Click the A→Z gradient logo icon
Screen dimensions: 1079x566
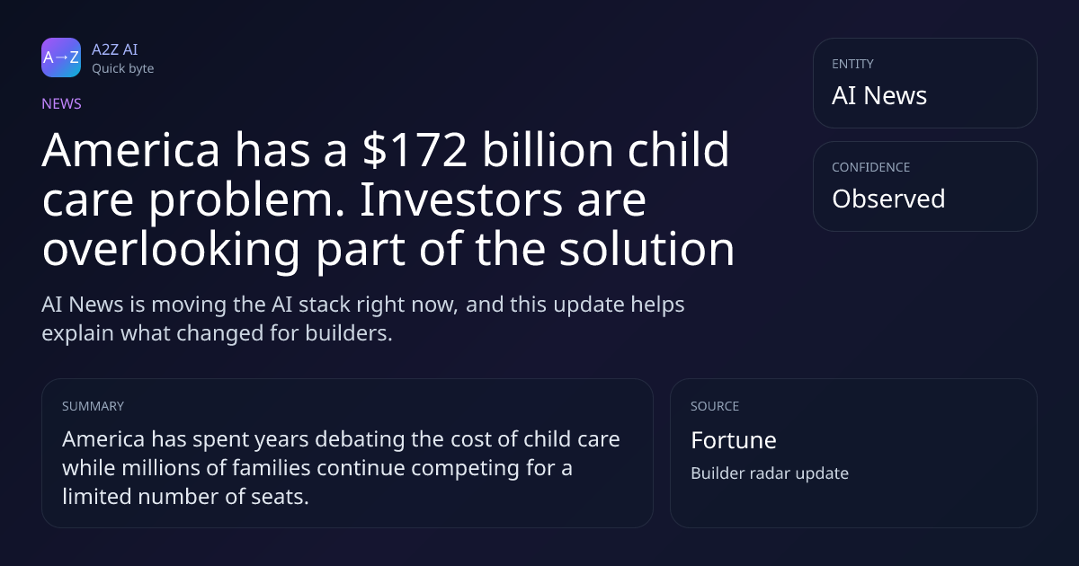point(61,57)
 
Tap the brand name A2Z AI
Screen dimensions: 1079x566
point(115,49)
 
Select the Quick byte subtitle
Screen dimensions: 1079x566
point(123,69)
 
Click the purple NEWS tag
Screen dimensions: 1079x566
point(62,104)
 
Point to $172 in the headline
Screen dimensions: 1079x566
point(415,150)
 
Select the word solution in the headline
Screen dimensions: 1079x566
point(647,249)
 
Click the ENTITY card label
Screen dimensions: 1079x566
point(852,64)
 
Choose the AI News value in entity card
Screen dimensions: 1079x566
point(879,95)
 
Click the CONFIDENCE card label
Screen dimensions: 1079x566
point(871,167)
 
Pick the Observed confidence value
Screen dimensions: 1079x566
point(888,199)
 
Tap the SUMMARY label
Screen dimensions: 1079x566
point(93,406)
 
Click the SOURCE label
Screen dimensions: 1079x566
point(715,406)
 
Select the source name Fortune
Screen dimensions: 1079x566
point(734,440)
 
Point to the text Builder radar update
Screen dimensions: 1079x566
point(770,473)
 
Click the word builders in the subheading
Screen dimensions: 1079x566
point(349,333)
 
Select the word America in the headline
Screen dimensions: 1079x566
point(131,150)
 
